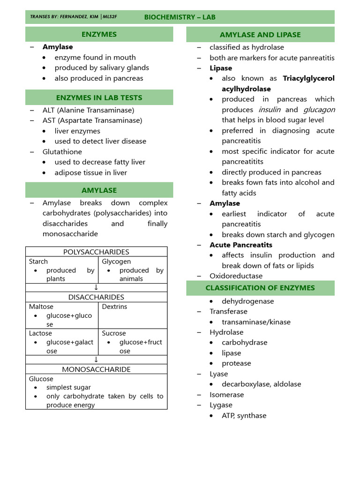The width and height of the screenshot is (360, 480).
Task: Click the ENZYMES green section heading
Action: pyautogui.click(x=99, y=34)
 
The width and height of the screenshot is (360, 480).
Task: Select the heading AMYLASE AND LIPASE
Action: pyautogui.click(x=260, y=35)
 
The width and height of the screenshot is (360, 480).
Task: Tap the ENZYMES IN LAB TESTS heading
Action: pyautogui.click(x=99, y=97)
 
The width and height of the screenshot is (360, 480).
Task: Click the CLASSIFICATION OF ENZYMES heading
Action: pyautogui.click(x=260, y=288)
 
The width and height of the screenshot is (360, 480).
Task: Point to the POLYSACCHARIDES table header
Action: pyautogui.click(x=96, y=252)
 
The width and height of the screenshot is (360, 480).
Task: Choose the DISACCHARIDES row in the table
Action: pyautogui.click(x=96, y=297)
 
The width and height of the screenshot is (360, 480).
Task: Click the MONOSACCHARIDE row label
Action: pyautogui.click(x=96, y=369)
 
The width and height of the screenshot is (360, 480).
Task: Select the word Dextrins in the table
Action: pyautogui.click(x=114, y=307)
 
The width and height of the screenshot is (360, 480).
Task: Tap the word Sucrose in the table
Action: pyautogui.click(x=114, y=333)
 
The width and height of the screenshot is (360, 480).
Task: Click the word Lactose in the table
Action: pyautogui.click(x=40, y=333)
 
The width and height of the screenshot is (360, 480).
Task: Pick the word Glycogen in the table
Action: pyautogui.click(x=116, y=262)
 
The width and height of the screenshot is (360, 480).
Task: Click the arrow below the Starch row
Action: pyautogui.click(x=96, y=288)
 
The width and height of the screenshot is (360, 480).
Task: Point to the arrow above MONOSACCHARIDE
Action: pyautogui.click(x=96, y=360)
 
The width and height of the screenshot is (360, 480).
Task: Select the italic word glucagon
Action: pyautogui.click(x=319, y=109)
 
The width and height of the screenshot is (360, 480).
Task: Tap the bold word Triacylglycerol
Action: pyautogui.click(x=308, y=78)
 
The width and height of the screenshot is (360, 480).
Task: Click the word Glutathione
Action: pyautogui.click(x=62, y=152)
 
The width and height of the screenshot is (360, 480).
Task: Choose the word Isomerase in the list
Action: pyautogui.click(x=226, y=395)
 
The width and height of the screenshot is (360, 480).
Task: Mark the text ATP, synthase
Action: pyautogui.click(x=244, y=415)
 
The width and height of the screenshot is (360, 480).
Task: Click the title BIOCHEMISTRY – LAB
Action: pyautogui.click(x=180, y=17)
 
